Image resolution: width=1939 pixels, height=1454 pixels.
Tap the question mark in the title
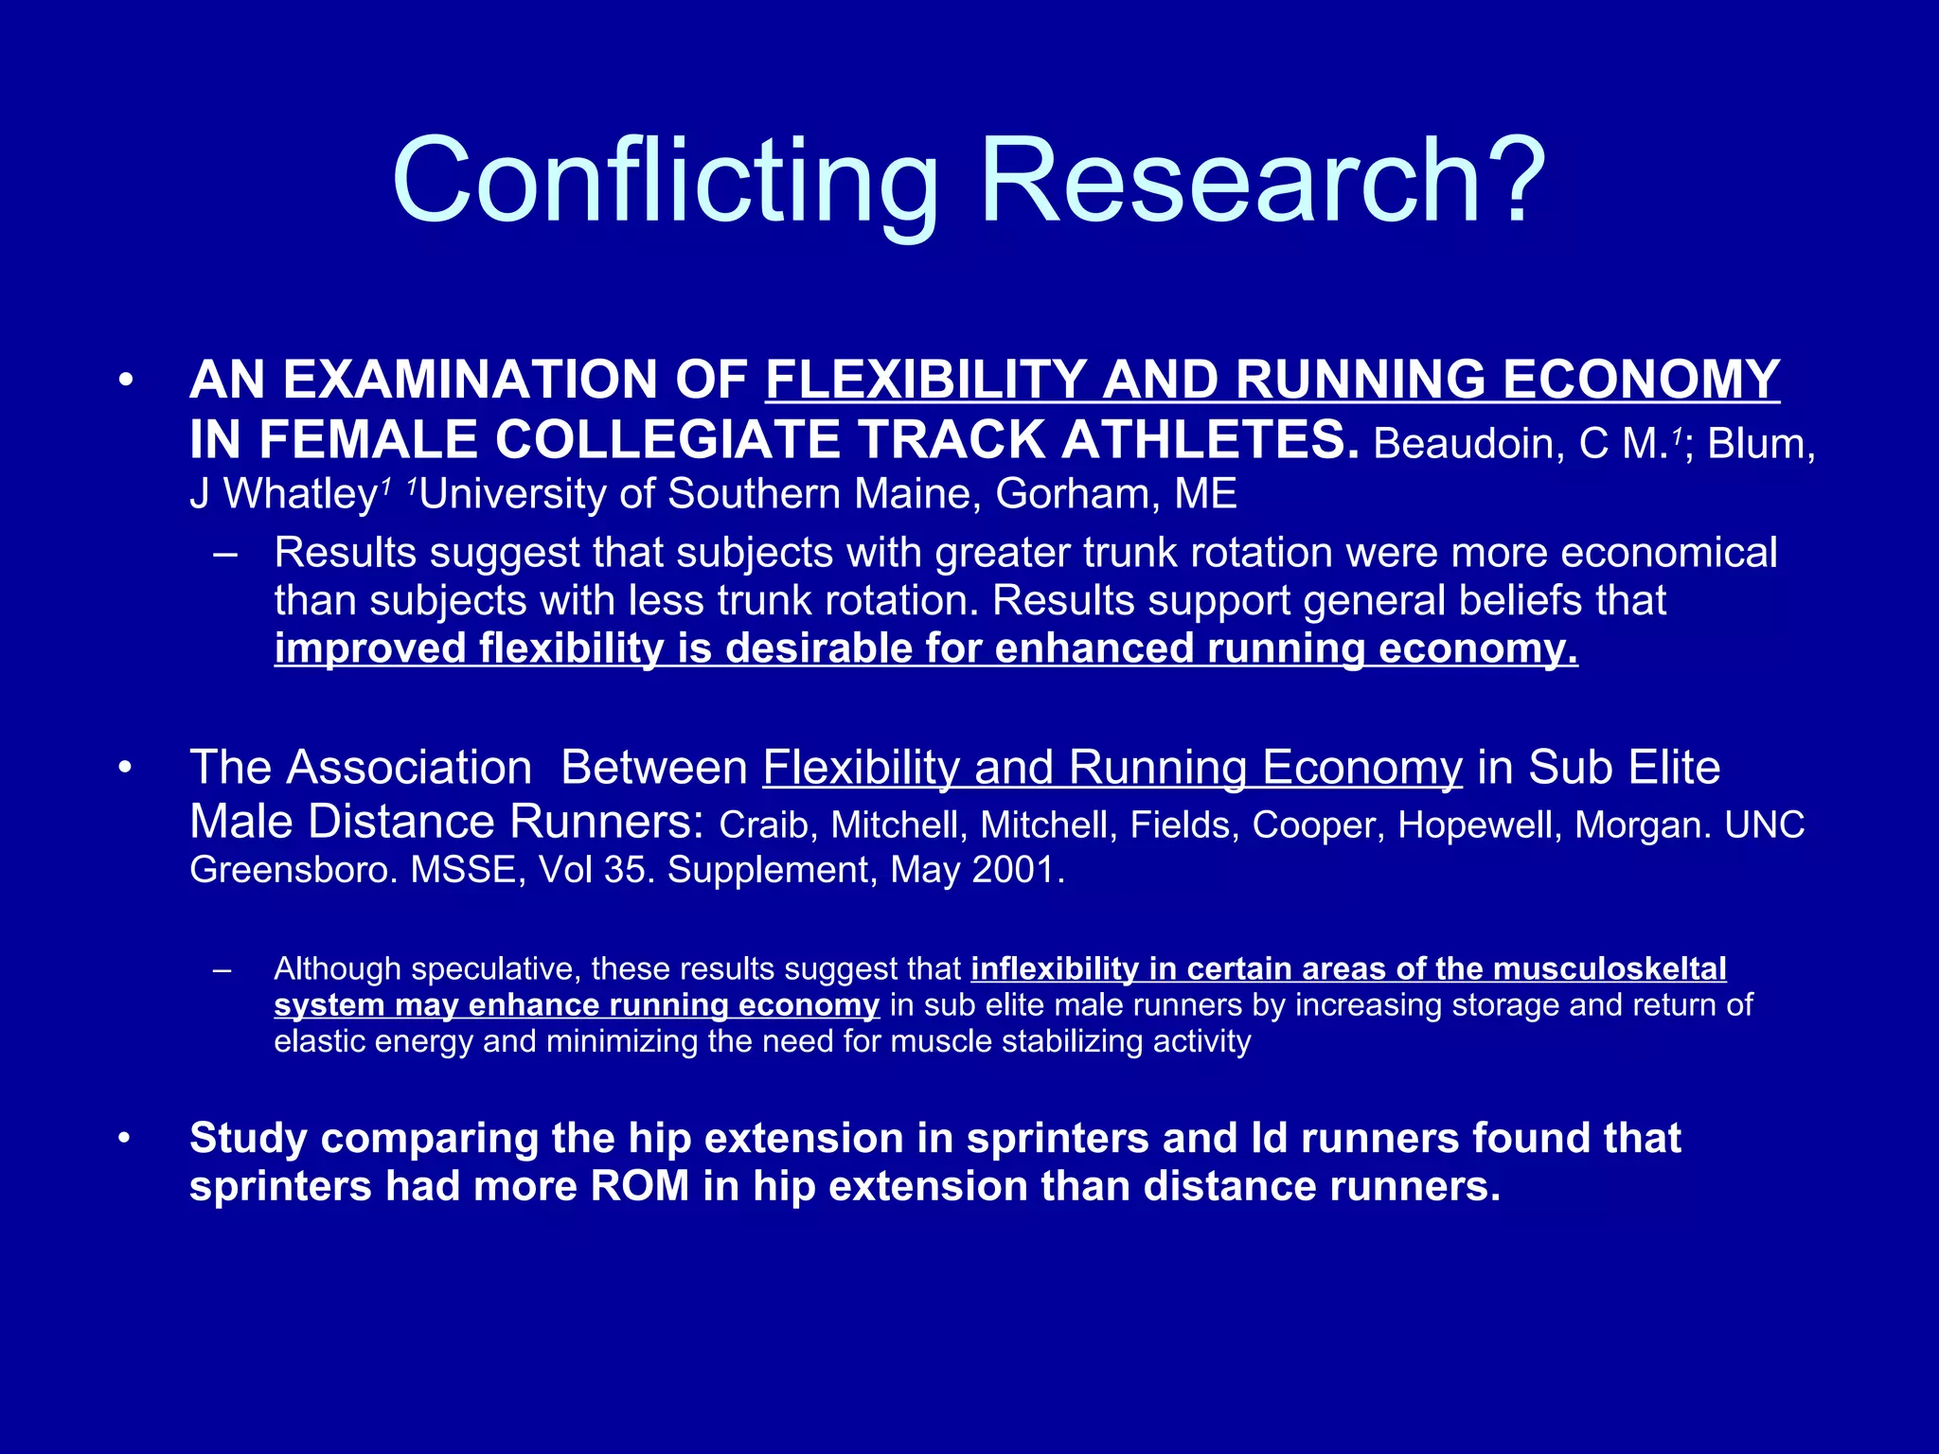(1504, 180)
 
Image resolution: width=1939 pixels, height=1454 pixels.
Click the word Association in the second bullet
(408, 768)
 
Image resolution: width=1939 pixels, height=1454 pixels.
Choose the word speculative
(494, 969)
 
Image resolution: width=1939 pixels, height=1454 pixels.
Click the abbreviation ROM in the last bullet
(639, 1187)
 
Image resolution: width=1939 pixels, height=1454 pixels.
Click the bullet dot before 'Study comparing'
(125, 1139)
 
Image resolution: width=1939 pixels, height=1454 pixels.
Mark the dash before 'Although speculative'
(223, 970)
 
